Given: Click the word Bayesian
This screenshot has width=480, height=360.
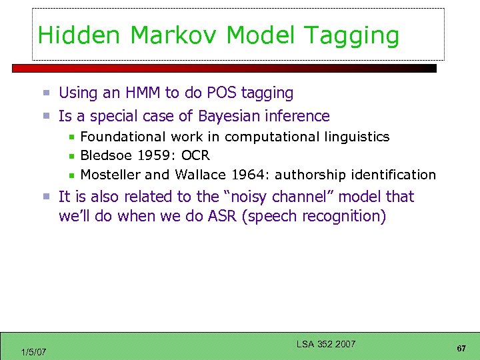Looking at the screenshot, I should (227, 117).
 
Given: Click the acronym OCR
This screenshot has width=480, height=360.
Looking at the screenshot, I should (195, 156).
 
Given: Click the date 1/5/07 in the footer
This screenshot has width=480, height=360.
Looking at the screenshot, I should (33, 352).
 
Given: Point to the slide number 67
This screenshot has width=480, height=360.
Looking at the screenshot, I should (461, 349).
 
